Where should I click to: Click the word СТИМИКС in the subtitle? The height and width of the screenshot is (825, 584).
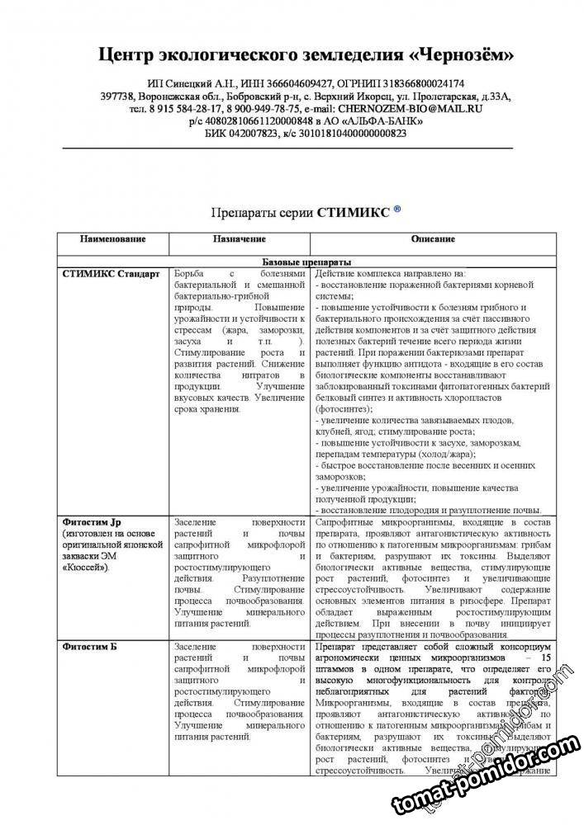(354, 211)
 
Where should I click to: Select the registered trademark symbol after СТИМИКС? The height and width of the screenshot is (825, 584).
(397, 210)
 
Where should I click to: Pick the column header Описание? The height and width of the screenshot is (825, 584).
(434, 239)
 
